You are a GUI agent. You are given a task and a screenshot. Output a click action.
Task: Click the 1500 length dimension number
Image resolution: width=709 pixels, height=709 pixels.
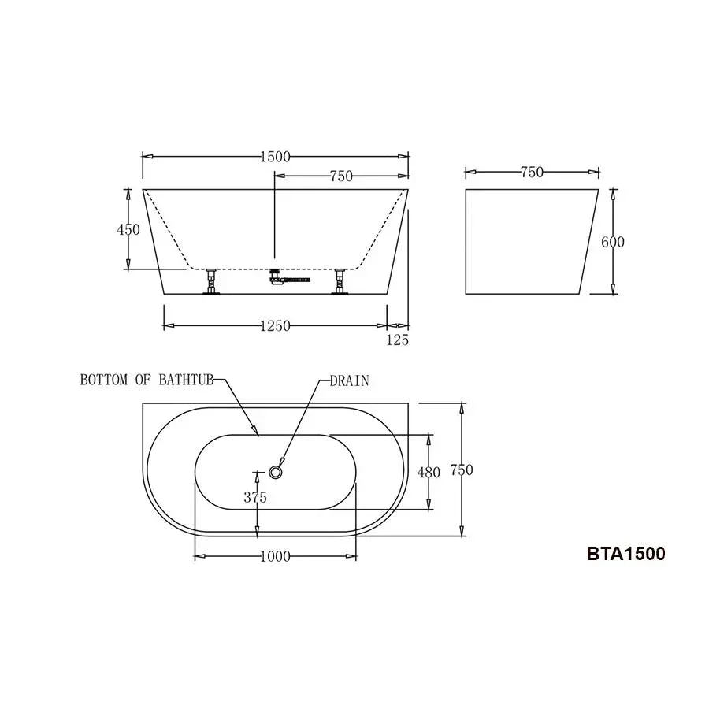tap(275, 157)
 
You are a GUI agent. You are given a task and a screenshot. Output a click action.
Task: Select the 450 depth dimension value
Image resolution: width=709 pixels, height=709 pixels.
tap(128, 230)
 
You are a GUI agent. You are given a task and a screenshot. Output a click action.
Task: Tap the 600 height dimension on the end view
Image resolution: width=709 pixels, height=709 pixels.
tap(613, 243)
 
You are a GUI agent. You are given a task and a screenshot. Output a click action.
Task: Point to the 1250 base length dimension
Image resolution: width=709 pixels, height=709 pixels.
tap(275, 326)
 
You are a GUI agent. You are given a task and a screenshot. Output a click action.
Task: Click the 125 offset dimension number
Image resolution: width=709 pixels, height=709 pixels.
tap(398, 340)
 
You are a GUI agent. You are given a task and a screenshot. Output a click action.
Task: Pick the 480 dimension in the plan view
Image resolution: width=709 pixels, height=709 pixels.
tap(429, 473)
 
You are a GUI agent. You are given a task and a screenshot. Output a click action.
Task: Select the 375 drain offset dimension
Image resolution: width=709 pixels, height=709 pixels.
tap(255, 497)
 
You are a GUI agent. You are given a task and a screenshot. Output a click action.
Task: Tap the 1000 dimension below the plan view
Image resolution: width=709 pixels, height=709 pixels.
tap(275, 556)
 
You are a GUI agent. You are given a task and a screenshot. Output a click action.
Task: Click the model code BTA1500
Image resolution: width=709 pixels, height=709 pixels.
tap(626, 554)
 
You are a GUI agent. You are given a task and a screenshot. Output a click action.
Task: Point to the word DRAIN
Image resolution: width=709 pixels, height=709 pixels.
tap(349, 381)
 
